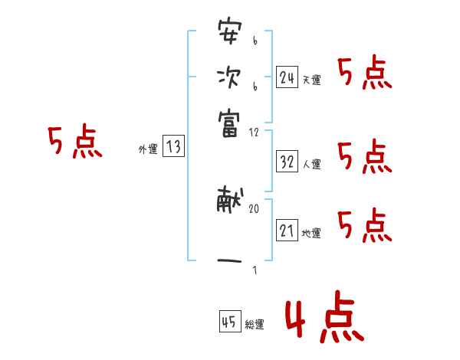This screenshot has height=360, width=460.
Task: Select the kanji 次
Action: (229, 79)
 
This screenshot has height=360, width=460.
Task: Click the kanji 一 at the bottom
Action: (229, 260)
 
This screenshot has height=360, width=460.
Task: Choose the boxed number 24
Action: (287, 77)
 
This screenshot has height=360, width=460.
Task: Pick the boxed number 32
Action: (287, 162)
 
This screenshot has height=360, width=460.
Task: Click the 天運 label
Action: (311, 80)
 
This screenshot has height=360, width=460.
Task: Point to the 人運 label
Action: (311, 164)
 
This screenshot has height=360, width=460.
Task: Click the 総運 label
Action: (255, 325)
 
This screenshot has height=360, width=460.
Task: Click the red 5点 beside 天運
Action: (365, 74)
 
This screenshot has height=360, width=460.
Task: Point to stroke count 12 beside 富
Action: (254, 133)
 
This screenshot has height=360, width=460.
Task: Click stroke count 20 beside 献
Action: (254, 208)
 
